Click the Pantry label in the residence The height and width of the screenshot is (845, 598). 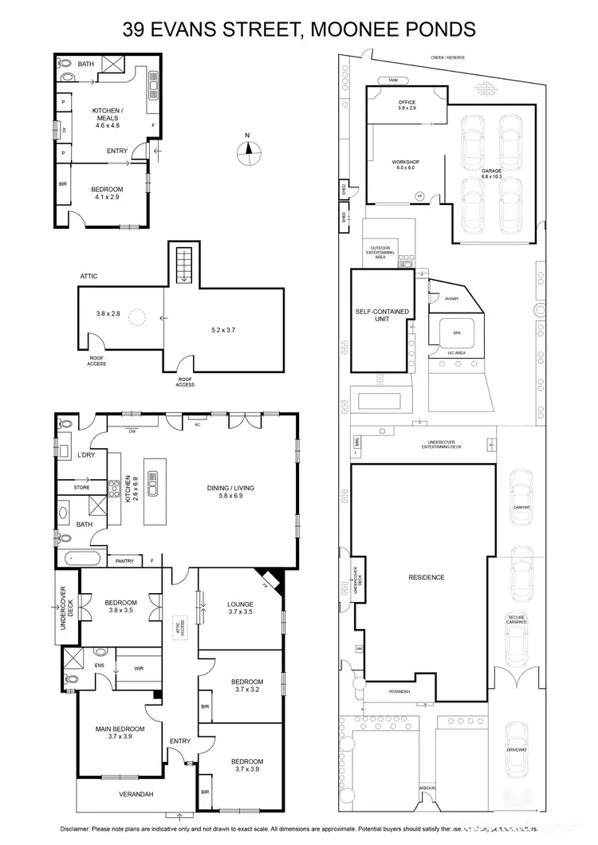(x=124, y=560)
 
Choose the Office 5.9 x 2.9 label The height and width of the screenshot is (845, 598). (x=407, y=104)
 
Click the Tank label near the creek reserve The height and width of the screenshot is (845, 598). (x=392, y=81)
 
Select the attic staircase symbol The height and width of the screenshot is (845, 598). (x=184, y=265)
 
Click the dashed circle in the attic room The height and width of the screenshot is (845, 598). (x=138, y=318)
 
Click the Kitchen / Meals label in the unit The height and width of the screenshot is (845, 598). (x=107, y=119)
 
